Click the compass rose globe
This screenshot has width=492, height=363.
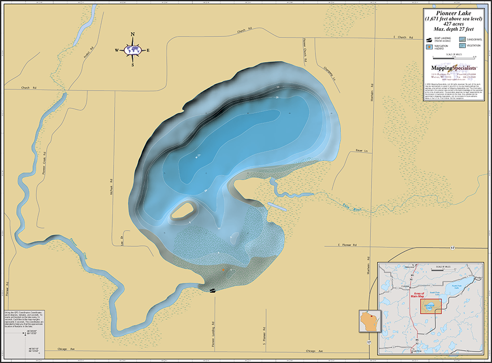(132, 50)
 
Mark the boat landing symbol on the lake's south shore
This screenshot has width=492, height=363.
(212, 291)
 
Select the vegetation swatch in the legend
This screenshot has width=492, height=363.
(463, 45)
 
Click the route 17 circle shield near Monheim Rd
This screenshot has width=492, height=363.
(369, 341)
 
